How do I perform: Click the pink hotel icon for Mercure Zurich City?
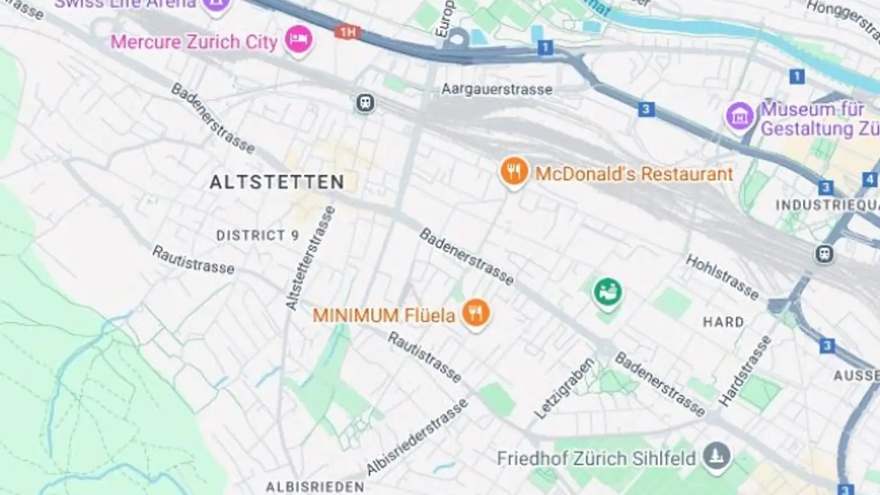coord(299,39)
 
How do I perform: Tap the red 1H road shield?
coord(347,32)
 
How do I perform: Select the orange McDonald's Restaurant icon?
coord(514,172)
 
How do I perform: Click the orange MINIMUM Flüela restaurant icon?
coord(475,313)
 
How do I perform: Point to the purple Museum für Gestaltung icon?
coord(740,116)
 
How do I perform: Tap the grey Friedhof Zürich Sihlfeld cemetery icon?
coord(717,457)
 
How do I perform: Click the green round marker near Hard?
coord(607,291)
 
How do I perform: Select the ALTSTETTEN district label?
coord(277,182)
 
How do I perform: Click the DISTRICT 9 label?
coord(257,235)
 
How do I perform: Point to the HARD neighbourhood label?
coord(724,322)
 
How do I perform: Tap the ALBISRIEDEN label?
coord(315,487)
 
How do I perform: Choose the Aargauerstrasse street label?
coord(497,90)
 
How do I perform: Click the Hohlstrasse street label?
coord(722,277)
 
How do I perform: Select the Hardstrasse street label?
coord(744,371)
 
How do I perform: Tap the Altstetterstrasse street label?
coord(310,257)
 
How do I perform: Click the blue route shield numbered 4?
coord(870,180)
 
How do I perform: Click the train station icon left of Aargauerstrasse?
coord(365,103)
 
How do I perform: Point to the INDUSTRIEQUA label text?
coord(827,205)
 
